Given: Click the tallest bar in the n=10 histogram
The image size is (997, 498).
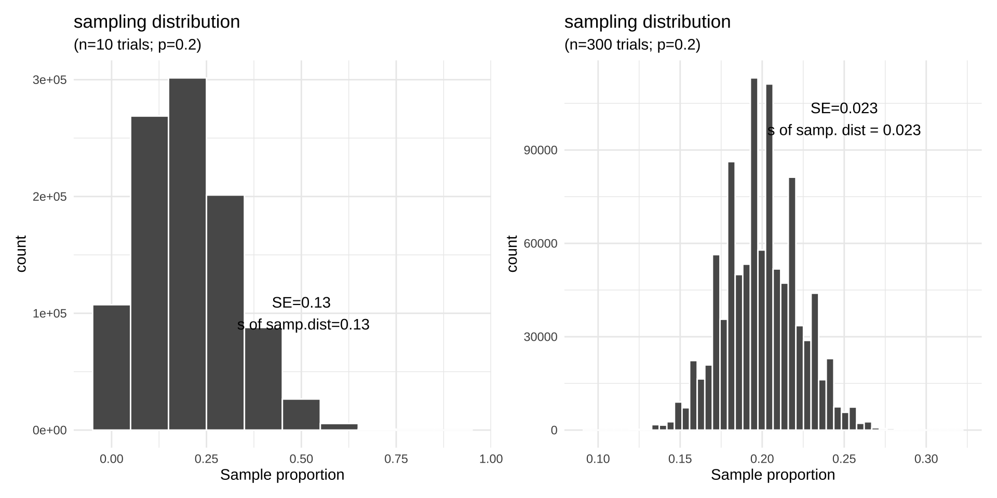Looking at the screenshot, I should (x=187, y=254).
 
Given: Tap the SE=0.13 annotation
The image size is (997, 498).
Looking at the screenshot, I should (x=301, y=302).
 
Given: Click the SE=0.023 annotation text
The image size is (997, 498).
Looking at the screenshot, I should (x=844, y=108).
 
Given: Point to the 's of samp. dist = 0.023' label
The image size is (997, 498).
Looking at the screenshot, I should (x=844, y=130).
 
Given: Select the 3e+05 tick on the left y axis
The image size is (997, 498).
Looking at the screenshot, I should (x=50, y=80).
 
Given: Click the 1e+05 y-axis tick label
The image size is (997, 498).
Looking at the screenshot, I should (x=50, y=313).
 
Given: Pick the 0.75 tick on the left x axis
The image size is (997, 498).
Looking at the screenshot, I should (x=396, y=459).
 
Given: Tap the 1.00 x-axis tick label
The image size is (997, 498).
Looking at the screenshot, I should (x=491, y=459).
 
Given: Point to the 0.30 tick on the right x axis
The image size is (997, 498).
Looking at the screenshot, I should (x=926, y=459).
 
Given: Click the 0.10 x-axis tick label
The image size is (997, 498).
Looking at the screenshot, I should (x=598, y=459).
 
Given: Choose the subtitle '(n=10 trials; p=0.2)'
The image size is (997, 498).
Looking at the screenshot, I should (x=137, y=45).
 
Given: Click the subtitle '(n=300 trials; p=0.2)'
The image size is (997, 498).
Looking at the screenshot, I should (x=632, y=45).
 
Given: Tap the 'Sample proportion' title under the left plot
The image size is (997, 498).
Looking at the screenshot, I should (x=282, y=475).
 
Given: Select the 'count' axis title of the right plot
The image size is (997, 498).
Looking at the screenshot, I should (x=512, y=253).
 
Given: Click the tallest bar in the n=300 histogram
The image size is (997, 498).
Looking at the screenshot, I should (x=754, y=254).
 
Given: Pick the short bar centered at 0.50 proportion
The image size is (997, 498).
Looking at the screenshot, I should (x=301, y=414).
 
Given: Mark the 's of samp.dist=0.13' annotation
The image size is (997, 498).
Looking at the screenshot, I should (x=303, y=325).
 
